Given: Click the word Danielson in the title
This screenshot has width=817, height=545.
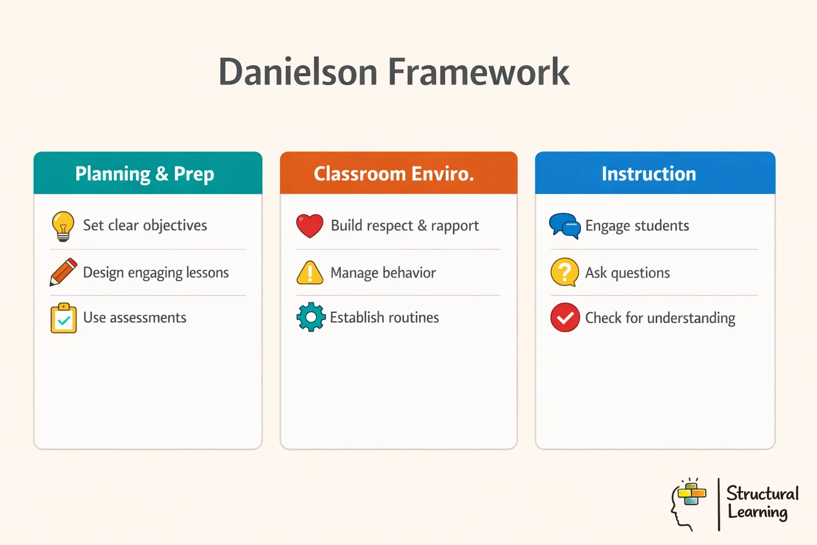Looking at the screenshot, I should [x=298, y=72].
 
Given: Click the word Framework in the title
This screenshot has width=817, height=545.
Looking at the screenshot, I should [x=479, y=72].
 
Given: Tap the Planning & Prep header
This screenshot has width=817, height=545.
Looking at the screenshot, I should [x=145, y=174].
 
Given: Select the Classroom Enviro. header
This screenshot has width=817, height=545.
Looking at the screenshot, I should [x=394, y=174].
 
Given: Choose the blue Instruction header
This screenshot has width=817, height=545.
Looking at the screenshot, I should [x=649, y=174].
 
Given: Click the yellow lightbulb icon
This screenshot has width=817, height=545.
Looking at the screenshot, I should [x=63, y=226].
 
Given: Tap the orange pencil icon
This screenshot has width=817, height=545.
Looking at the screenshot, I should [x=63, y=272].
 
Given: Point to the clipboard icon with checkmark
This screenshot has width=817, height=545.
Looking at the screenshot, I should [x=63, y=318].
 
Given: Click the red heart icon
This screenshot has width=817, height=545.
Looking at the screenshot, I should [x=310, y=226].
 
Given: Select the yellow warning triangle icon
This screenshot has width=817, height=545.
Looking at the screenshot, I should [x=310, y=273].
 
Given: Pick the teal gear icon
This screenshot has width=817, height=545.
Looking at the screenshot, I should [x=311, y=317].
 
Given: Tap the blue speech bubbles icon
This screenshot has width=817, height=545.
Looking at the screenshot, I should [x=564, y=226].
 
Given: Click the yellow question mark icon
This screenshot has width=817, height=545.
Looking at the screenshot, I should [x=564, y=272].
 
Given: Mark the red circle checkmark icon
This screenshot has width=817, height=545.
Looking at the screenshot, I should [x=565, y=318].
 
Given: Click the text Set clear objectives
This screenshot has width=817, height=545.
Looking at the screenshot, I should [x=145, y=226].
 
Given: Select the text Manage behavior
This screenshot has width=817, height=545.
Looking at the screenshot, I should [x=383, y=273].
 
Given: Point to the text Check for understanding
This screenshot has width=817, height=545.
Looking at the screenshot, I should [x=660, y=318].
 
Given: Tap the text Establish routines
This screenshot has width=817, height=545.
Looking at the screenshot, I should [x=384, y=318].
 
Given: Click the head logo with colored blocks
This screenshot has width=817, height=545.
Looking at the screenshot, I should [x=688, y=503].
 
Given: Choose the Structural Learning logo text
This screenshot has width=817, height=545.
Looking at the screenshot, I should [x=762, y=502].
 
